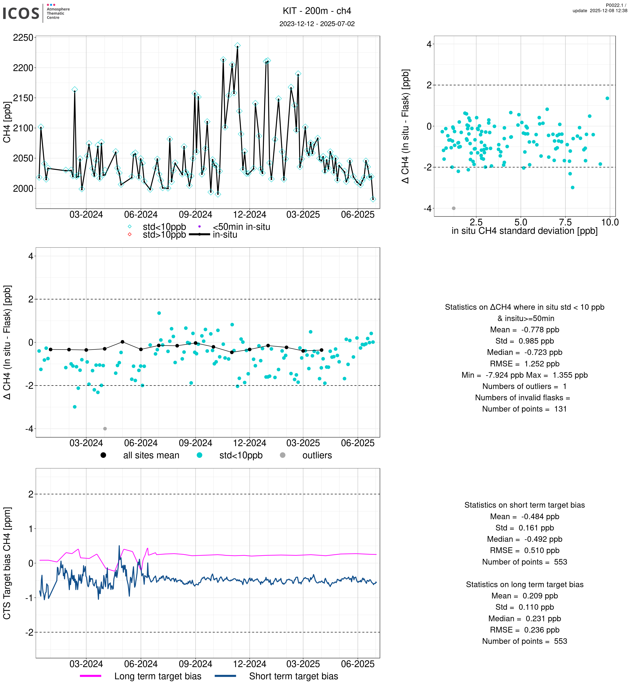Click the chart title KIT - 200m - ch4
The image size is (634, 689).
coord(317,11)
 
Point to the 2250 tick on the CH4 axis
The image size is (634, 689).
coord(23,38)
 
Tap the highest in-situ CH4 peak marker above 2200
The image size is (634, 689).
coord(237,46)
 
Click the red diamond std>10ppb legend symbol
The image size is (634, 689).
coord(130,234)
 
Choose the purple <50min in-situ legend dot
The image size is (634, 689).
coord(199,226)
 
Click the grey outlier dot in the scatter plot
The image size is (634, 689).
coord(454,208)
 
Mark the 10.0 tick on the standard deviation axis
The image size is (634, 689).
coord(610,223)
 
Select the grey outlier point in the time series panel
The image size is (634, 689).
coord(105,429)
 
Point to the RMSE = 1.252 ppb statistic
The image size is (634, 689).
coord(524,364)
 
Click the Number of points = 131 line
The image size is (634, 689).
coord(524,409)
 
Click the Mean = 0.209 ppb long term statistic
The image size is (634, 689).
coord(524,596)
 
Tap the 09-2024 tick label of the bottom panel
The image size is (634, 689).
coord(196,664)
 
